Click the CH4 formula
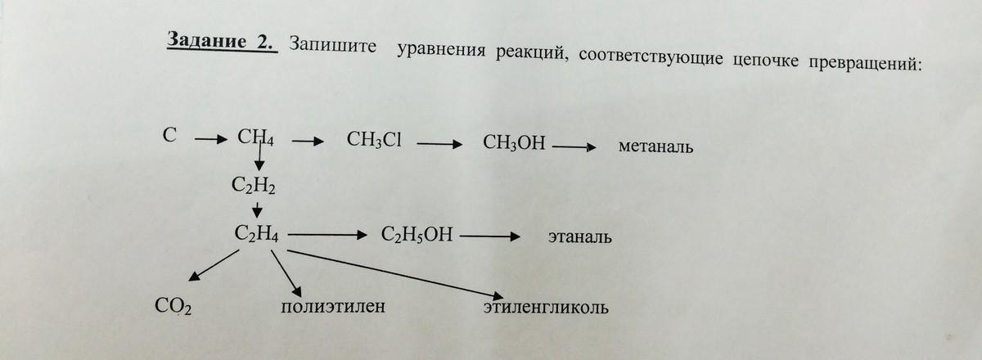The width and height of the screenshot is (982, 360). [255, 137]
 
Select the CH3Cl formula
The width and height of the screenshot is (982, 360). [374, 141]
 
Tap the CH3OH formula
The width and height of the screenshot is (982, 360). [514, 144]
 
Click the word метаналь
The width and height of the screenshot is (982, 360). [656, 147]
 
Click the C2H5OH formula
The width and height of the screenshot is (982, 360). [417, 236]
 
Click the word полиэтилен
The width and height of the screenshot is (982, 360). [332, 308]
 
